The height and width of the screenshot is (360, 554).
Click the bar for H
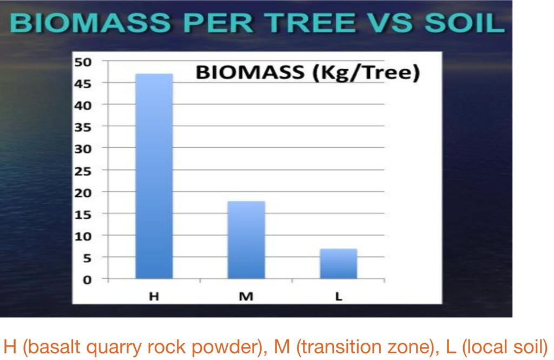[154, 176]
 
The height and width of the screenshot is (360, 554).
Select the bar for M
[246, 240]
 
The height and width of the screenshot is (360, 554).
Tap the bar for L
[339, 264]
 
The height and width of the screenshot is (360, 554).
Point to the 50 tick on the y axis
[83, 62]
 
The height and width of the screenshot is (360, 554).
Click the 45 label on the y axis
[83, 84]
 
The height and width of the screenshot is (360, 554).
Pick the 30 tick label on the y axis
[83, 149]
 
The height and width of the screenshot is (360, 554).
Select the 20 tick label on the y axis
[83, 193]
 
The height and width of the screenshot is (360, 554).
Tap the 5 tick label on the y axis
[87, 259]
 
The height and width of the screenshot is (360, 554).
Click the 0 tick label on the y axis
[87, 280]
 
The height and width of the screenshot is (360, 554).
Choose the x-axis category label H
[154, 296]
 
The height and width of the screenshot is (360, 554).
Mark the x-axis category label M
[246, 296]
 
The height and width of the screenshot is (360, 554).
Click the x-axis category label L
[339, 296]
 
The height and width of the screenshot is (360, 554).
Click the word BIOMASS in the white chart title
[250, 72]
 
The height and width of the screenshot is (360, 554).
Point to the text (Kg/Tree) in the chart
[366, 73]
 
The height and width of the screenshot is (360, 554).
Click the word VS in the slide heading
[390, 23]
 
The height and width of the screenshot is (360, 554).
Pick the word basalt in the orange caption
[55, 347]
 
